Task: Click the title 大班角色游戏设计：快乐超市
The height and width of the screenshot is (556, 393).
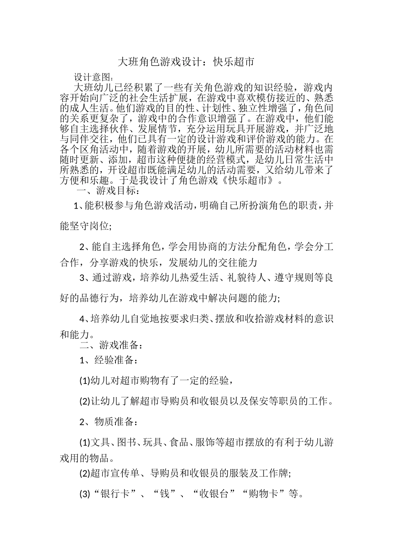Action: tap(185, 62)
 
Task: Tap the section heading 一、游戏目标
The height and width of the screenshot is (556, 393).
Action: tap(108, 191)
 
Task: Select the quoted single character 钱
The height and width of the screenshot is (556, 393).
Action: tap(165, 494)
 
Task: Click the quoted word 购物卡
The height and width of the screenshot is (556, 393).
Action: tap(266, 494)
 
